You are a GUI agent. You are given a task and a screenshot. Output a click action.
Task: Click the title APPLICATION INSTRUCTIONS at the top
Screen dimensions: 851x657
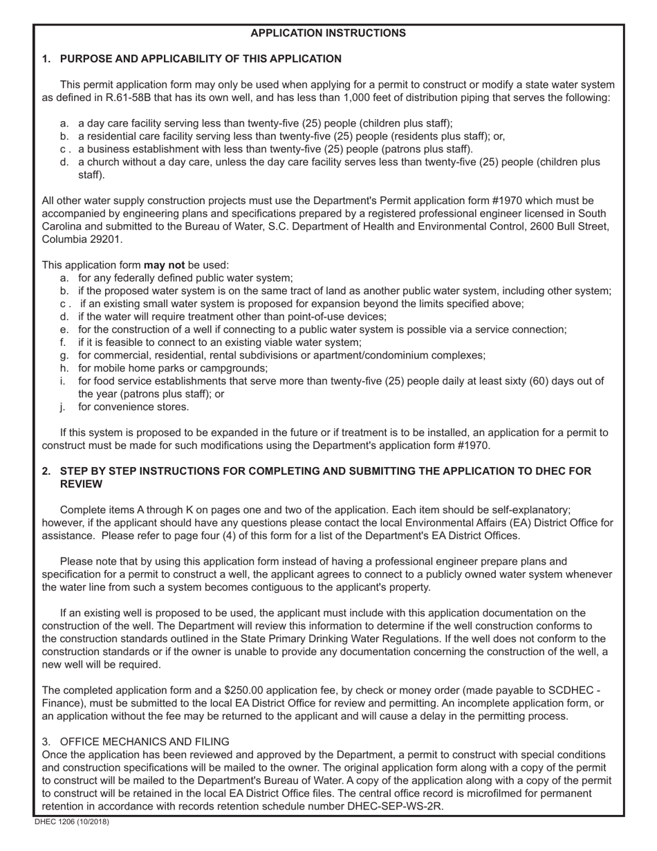tap(328, 33)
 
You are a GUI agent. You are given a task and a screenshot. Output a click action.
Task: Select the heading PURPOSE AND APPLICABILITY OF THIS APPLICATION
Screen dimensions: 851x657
tap(201, 59)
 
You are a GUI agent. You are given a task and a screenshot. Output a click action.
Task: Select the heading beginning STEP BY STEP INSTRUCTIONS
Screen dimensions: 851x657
tap(325, 471)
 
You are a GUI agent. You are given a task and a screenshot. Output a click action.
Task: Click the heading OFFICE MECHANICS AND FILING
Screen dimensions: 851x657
tap(145, 742)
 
